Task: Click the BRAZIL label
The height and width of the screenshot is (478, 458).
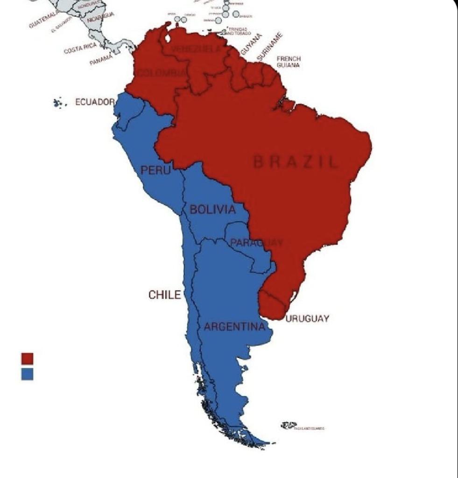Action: point(295,162)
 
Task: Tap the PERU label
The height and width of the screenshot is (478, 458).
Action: point(153,170)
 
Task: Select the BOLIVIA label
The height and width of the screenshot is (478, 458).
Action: point(212,210)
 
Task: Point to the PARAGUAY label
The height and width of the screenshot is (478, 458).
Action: point(256,242)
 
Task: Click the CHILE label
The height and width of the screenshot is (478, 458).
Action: point(164,295)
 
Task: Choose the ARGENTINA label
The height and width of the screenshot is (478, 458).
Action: point(234,327)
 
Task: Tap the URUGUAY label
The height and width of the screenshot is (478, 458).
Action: point(307,319)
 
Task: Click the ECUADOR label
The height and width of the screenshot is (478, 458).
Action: point(95,102)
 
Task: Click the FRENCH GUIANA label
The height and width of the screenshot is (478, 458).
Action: point(289,62)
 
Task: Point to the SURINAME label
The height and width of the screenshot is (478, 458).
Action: point(270,46)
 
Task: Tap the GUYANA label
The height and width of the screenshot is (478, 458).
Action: point(252,43)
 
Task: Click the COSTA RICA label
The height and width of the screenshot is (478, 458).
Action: point(80,48)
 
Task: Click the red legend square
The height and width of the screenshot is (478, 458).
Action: point(28,358)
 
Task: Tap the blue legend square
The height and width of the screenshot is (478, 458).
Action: point(28,374)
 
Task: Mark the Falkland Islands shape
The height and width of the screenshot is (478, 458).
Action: point(288,425)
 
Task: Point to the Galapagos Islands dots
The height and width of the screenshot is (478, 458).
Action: point(58,103)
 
